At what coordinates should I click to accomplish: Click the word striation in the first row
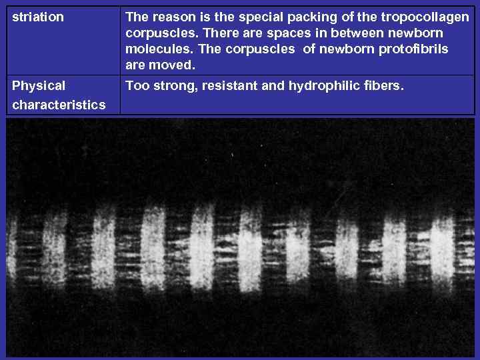pyautogui.click(x=38, y=17)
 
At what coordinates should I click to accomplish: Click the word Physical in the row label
pyautogui.click(x=39, y=86)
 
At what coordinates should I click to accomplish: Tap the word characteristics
pyautogui.click(x=59, y=105)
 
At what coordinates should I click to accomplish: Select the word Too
pyautogui.click(x=137, y=85)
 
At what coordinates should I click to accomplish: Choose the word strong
pyautogui.click(x=172, y=86)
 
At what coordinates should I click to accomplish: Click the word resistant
pyautogui.click(x=223, y=85)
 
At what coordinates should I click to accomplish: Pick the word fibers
pyautogui.click(x=385, y=85)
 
